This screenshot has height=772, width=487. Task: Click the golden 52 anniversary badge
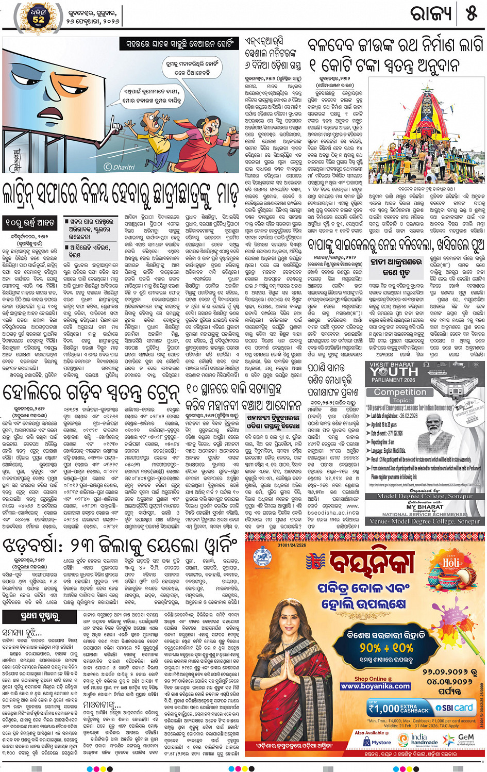click(38, 17)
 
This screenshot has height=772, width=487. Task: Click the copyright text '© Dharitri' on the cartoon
click(120, 167)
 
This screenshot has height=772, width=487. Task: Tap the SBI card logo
click(454, 708)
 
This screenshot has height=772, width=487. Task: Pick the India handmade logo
click(419, 740)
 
